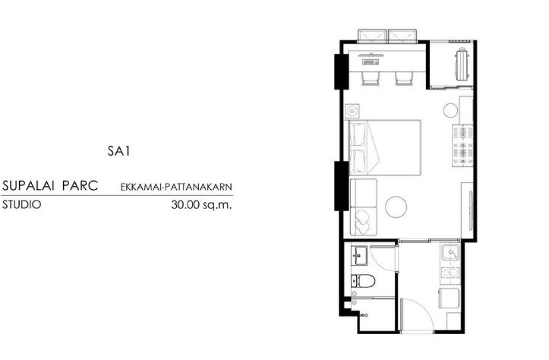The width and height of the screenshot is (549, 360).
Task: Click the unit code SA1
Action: [119, 151]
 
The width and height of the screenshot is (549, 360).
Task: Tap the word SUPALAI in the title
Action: [28, 185]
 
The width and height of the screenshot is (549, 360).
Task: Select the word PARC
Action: [80, 185]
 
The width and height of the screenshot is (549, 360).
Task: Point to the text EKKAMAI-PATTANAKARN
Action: [176, 187]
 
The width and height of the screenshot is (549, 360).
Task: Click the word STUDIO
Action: [21, 204]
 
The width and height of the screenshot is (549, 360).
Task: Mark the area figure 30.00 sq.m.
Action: [201, 204]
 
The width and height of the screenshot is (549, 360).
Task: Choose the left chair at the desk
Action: [371, 78]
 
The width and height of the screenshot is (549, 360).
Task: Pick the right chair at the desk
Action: [405, 78]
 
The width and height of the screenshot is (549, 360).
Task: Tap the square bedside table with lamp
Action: [352, 111]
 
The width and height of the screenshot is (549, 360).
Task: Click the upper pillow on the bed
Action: [357, 134]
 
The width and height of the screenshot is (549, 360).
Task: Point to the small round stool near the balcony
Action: [451, 110]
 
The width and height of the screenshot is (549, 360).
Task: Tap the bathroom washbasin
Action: [359, 256]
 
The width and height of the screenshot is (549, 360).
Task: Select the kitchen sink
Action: [451, 252]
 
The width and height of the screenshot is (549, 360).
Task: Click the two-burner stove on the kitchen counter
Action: [451, 272]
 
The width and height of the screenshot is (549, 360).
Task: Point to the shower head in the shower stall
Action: [364, 315]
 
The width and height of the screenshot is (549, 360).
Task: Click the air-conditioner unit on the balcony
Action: [462, 64]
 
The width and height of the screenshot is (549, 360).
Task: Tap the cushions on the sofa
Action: [363, 218]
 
